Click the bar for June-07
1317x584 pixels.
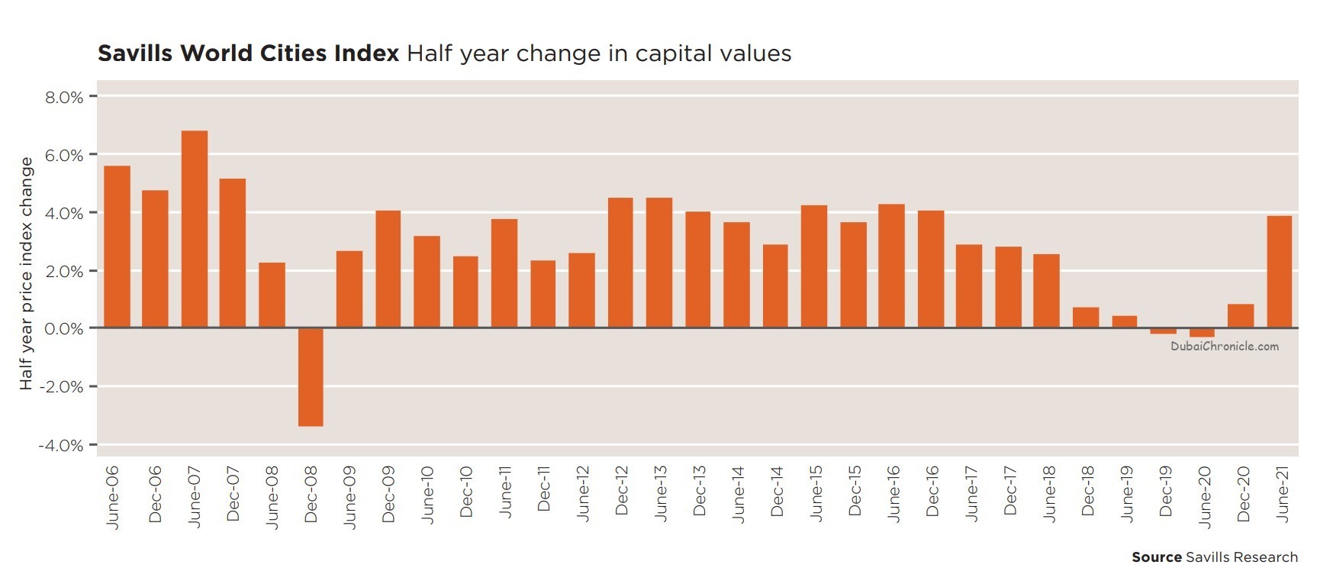[x=195, y=229]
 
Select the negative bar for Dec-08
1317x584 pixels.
[x=311, y=376]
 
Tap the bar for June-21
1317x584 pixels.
[x=1280, y=272]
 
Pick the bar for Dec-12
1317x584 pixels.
[x=620, y=263]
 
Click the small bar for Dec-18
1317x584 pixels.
[x=1086, y=318]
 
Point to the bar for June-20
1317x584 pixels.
[x=1202, y=332]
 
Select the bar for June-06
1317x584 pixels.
[x=117, y=247]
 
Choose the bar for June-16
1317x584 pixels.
[x=891, y=266]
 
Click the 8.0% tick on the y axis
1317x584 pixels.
[x=64, y=97]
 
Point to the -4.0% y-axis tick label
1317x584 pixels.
[x=60, y=445]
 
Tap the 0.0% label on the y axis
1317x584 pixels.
[x=64, y=329]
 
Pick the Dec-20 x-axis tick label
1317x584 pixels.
[x=1243, y=495]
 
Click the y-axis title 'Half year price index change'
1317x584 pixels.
[x=26, y=273]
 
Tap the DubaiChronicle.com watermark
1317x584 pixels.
[x=1225, y=347]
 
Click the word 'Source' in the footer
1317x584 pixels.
[x=1156, y=557]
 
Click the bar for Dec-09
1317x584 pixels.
[x=388, y=269]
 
